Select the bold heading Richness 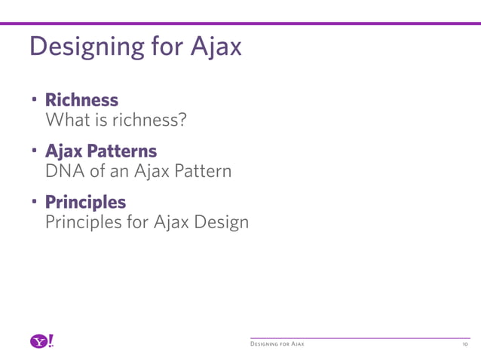pyautogui.click(x=81, y=99)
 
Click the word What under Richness pyautogui.click(x=66, y=120)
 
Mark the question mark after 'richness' pyautogui.click(x=182, y=120)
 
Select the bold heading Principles pyautogui.click(x=85, y=202)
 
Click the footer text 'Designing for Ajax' pyautogui.click(x=277, y=345)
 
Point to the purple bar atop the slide pyautogui.click(x=240, y=24)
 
